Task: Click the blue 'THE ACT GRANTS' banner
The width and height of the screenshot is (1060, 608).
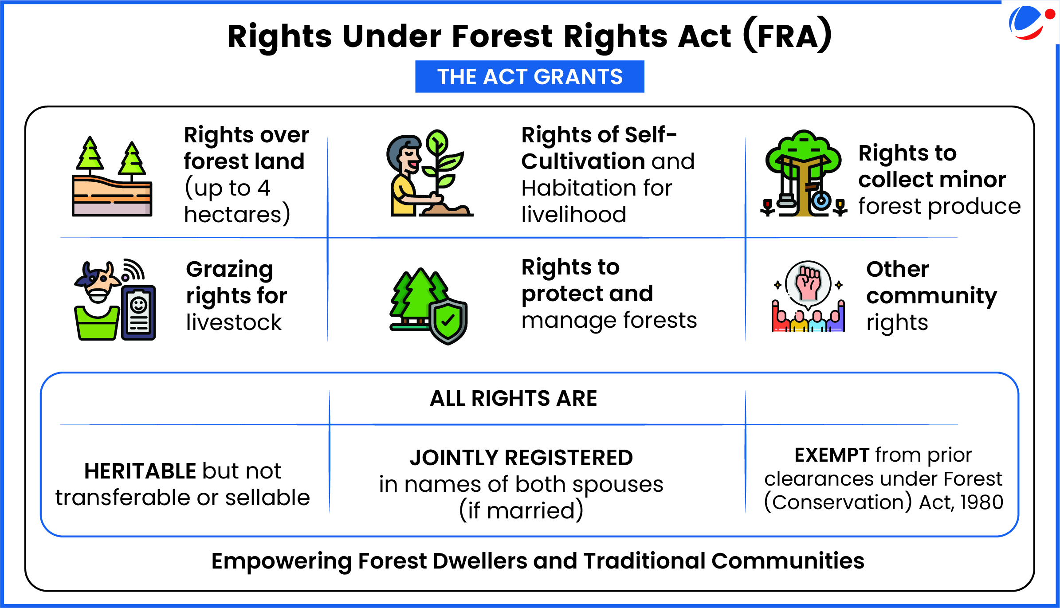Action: (x=530, y=76)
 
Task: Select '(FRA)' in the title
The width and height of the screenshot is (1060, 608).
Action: (x=787, y=35)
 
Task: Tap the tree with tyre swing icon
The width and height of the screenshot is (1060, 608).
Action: (x=803, y=173)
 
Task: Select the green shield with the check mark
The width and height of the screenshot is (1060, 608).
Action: (x=448, y=321)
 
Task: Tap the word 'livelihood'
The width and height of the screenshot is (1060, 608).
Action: (x=574, y=215)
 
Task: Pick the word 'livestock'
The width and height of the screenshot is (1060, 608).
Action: (x=234, y=322)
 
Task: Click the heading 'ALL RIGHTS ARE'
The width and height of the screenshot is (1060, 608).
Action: (x=514, y=398)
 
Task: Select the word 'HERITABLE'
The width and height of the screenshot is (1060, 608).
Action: (x=140, y=471)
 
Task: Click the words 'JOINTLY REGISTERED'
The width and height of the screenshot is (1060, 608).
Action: (x=522, y=458)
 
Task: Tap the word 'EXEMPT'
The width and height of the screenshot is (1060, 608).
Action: (x=832, y=455)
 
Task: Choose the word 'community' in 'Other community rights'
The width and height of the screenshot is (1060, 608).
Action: (x=932, y=296)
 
